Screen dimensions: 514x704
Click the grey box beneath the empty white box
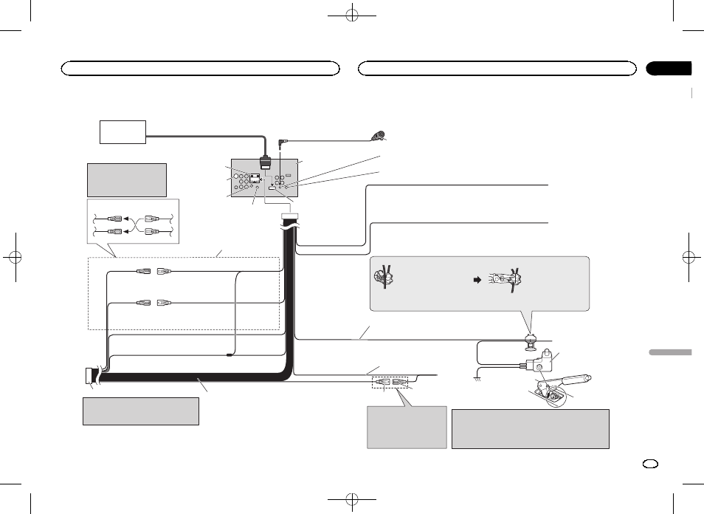pyautogui.click(x=125, y=179)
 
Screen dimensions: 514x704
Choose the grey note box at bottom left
pyautogui.click(x=141, y=411)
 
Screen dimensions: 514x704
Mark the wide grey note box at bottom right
pyautogui.click(x=530, y=429)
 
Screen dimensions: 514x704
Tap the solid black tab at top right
pyautogui.click(x=669, y=69)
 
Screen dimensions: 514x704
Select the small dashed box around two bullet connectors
pyautogui.click(x=390, y=383)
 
